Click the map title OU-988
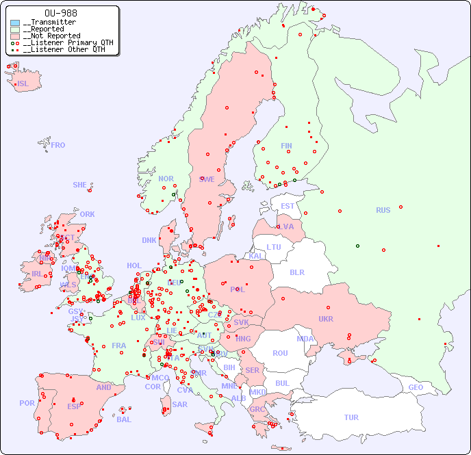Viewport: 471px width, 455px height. pyautogui.click(x=60, y=13)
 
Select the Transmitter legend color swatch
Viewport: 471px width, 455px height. pyautogui.click(x=15, y=23)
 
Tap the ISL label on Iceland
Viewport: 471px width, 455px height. pyautogui.click(x=23, y=84)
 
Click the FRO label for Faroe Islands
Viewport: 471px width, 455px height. pyautogui.click(x=58, y=145)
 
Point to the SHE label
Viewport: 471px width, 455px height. pyautogui.click(x=80, y=185)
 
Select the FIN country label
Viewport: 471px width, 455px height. pyautogui.click(x=286, y=146)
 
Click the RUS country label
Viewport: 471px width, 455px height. pyautogui.click(x=383, y=210)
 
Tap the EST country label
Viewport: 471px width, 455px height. pyautogui.click(x=288, y=206)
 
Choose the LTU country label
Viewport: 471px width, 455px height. pyautogui.click(x=274, y=247)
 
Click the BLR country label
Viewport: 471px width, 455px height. pyautogui.click(x=296, y=272)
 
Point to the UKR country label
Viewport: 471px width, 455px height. pyautogui.click(x=325, y=319)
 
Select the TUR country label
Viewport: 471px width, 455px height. pyautogui.click(x=351, y=417)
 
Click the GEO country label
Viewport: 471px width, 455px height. pyautogui.click(x=416, y=387)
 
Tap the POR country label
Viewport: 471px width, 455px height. pyautogui.click(x=27, y=403)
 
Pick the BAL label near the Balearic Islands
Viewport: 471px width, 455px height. pyautogui.click(x=123, y=419)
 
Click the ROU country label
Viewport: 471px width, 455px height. pyautogui.click(x=280, y=353)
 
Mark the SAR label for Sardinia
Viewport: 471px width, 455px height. pyautogui.click(x=179, y=404)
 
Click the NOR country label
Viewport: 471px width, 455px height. pyautogui.click(x=166, y=179)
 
